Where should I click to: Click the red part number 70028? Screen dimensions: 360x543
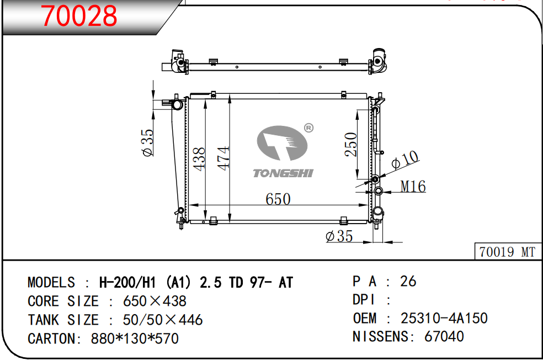(x=79, y=16)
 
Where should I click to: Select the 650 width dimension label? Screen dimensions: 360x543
(x=278, y=199)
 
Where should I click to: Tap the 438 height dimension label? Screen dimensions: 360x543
(x=199, y=158)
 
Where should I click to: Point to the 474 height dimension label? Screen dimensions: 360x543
(x=223, y=158)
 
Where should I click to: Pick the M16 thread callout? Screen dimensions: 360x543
(x=413, y=187)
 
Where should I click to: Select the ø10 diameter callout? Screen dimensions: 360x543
(x=405, y=161)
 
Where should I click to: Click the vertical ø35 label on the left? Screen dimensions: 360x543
(x=147, y=143)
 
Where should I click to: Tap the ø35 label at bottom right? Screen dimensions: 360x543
(x=339, y=236)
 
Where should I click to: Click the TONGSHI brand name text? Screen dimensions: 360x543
(x=283, y=173)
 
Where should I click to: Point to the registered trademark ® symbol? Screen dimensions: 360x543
(x=309, y=128)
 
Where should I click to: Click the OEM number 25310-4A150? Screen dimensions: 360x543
(x=444, y=319)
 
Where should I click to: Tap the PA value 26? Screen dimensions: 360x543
(x=408, y=282)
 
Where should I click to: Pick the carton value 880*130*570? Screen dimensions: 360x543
(x=135, y=338)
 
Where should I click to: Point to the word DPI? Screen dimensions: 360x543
(x=364, y=300)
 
